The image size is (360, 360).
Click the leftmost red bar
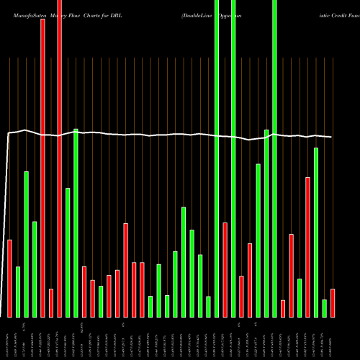10,278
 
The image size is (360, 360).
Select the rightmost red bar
333,302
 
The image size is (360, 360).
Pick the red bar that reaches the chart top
59,158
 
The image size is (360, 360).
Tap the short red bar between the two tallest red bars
51,302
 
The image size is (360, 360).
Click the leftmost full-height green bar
217,158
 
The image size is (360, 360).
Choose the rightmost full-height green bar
274,158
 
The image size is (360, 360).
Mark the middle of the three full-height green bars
233,158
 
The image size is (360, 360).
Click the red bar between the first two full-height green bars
225,269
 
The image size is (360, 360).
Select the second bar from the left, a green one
18,292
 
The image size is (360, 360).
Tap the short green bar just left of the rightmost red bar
325,308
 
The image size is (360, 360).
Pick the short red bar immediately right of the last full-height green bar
283,308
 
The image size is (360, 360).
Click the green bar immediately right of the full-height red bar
68,252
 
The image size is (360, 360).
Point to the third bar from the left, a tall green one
27,244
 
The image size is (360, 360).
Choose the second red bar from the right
307,247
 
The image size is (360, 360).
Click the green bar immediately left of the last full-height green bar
266,223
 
